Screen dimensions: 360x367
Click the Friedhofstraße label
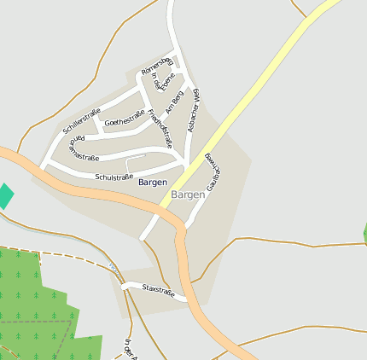(160, 128)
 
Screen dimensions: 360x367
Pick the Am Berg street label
(174, 103)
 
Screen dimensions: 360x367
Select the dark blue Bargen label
(152, 183)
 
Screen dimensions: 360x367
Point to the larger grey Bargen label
(188, 195)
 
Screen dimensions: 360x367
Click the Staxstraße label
(159, 292)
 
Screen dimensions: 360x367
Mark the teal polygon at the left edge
(5, 195)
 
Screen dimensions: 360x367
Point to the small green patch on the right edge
(364, 232)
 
